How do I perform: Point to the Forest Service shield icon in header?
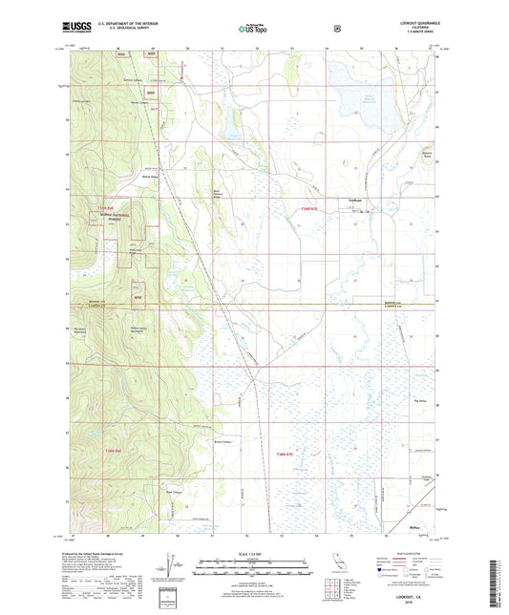336,29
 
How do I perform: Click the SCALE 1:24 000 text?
253,554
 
